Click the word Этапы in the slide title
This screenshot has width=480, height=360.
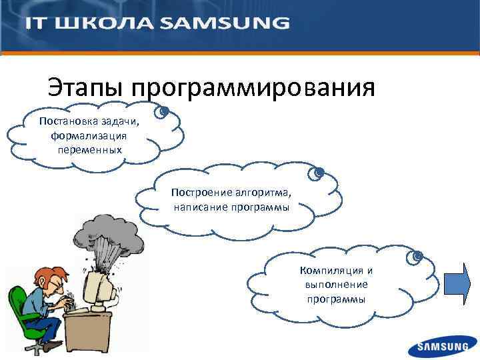[86, 87]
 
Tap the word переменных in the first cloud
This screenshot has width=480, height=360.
[90, 149]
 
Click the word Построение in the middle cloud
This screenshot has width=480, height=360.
[197, 192]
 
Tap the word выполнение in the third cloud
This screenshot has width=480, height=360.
[336, 285]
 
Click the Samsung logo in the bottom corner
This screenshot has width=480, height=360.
[443, 346]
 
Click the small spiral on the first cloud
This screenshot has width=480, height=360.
[164, 111]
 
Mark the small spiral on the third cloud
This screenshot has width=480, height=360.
[417, 255]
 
